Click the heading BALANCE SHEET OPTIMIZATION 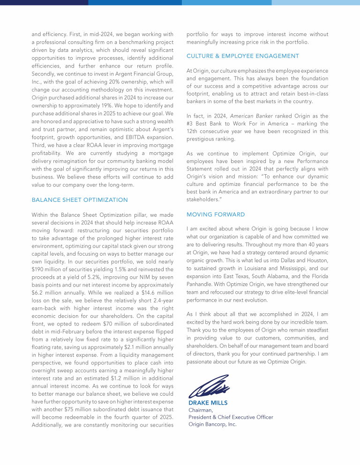click(79, 199)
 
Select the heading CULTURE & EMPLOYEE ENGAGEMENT click(242, 56)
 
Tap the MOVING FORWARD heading click(216, 214)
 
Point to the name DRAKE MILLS click(208, 403)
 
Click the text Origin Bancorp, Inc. click(212, 424)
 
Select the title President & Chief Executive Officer click(231, 417)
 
